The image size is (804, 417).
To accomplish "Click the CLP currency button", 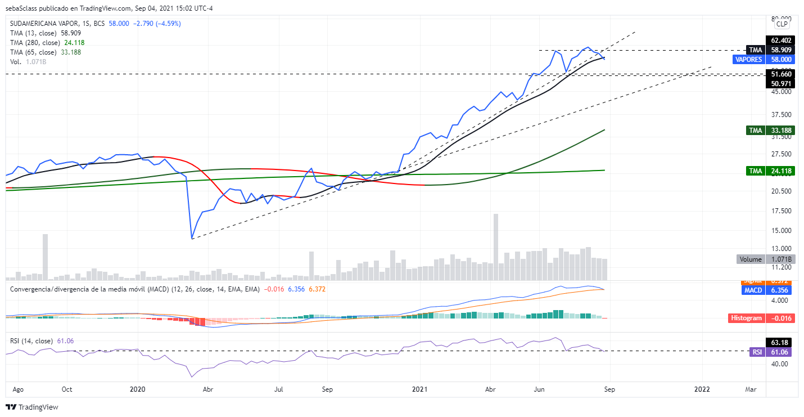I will click(x=782, y=24).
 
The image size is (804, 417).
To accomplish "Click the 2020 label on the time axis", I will click(x=138, y=389).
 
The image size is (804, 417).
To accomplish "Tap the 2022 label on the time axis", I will click(x=702, y=389).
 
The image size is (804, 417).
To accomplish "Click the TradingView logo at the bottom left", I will click(x=32, y=407).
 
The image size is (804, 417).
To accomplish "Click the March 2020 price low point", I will click(x=192, y=238).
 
